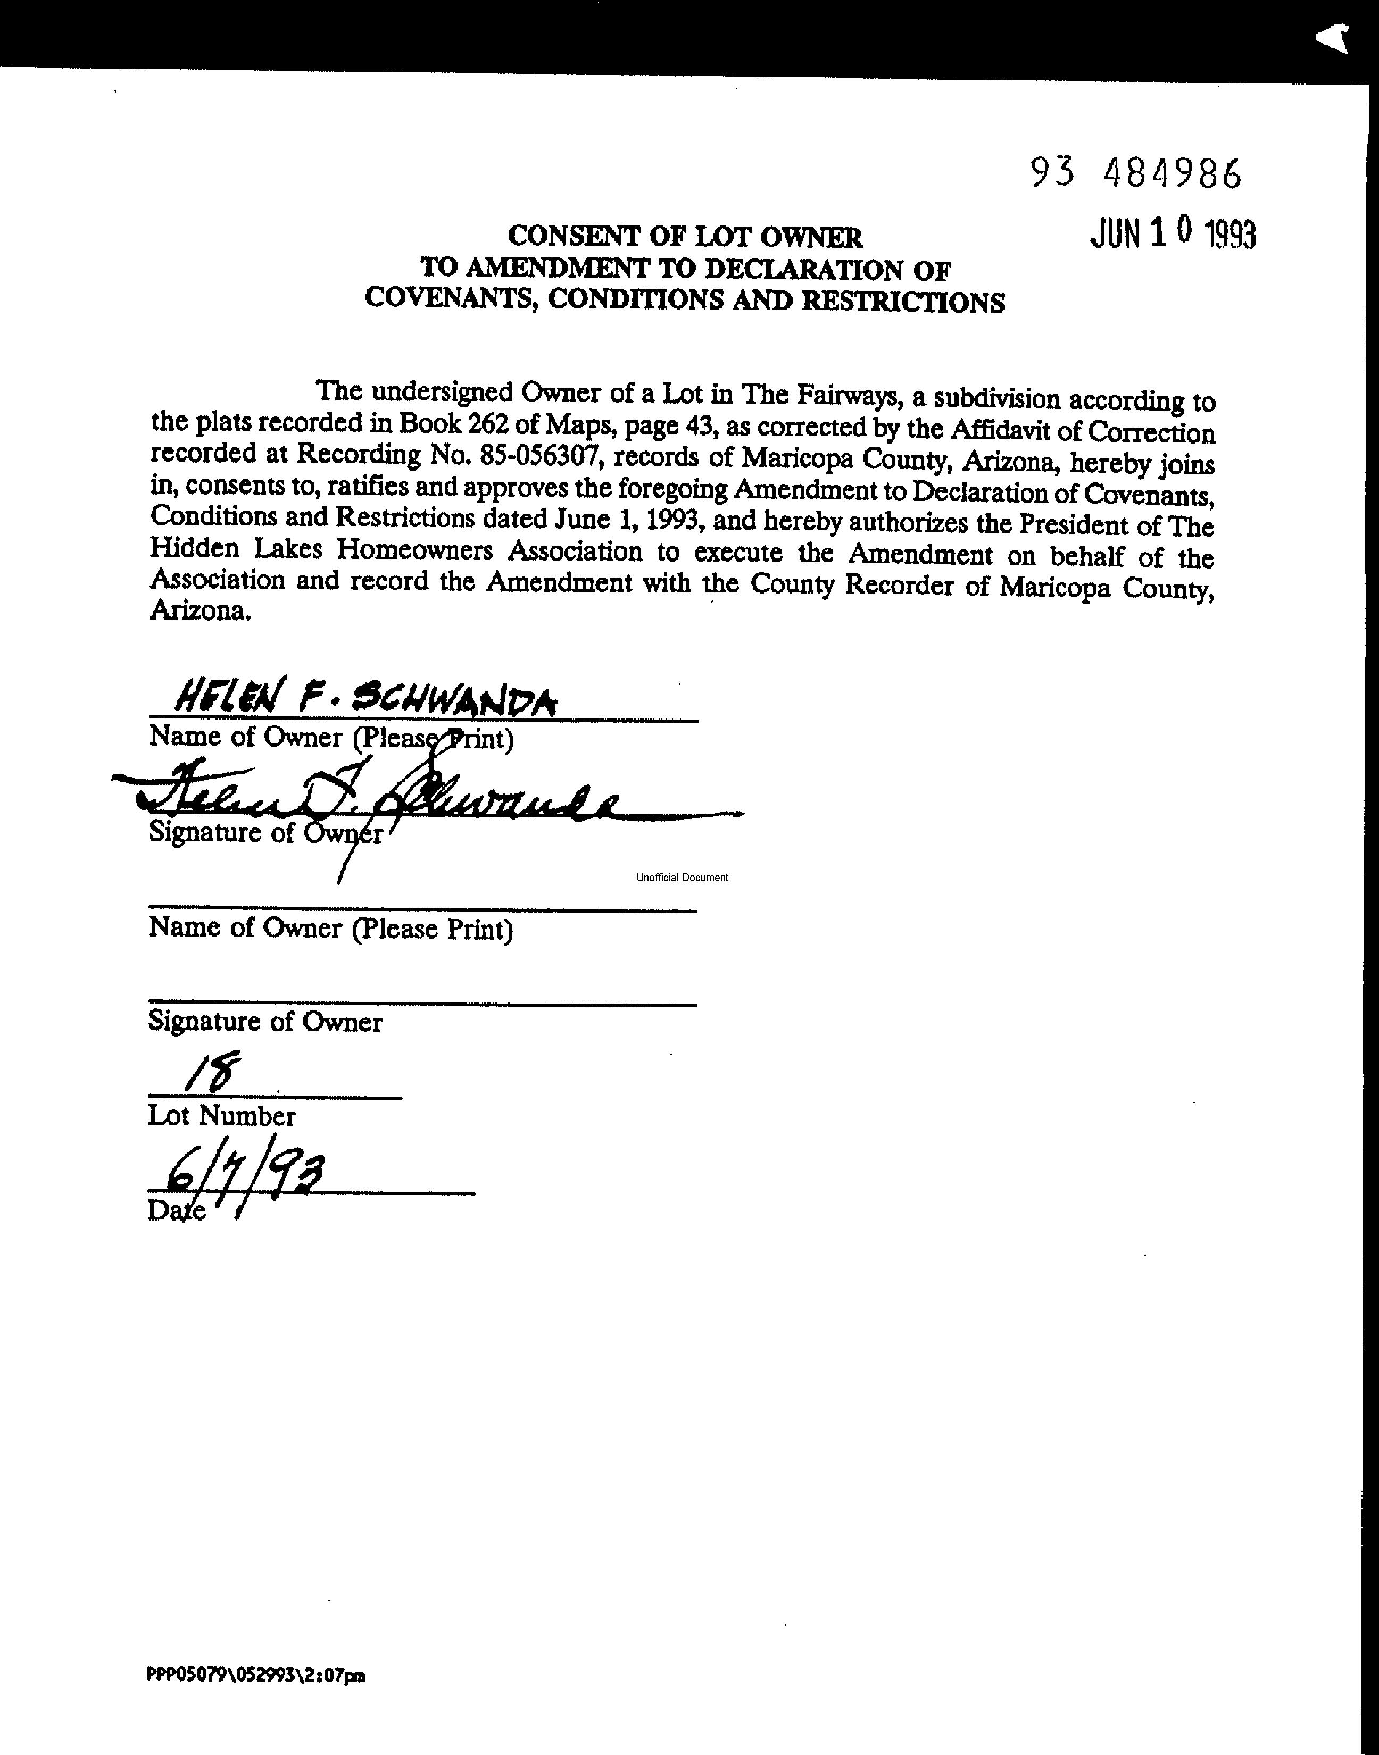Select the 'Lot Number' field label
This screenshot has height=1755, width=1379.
(x=222, y=1116)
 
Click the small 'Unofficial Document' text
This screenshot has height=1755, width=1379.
(x=682, y=877)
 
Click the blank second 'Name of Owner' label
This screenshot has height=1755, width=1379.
(x=331, y=928)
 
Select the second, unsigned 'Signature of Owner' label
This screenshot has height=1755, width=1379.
(x=265, y=1022)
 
